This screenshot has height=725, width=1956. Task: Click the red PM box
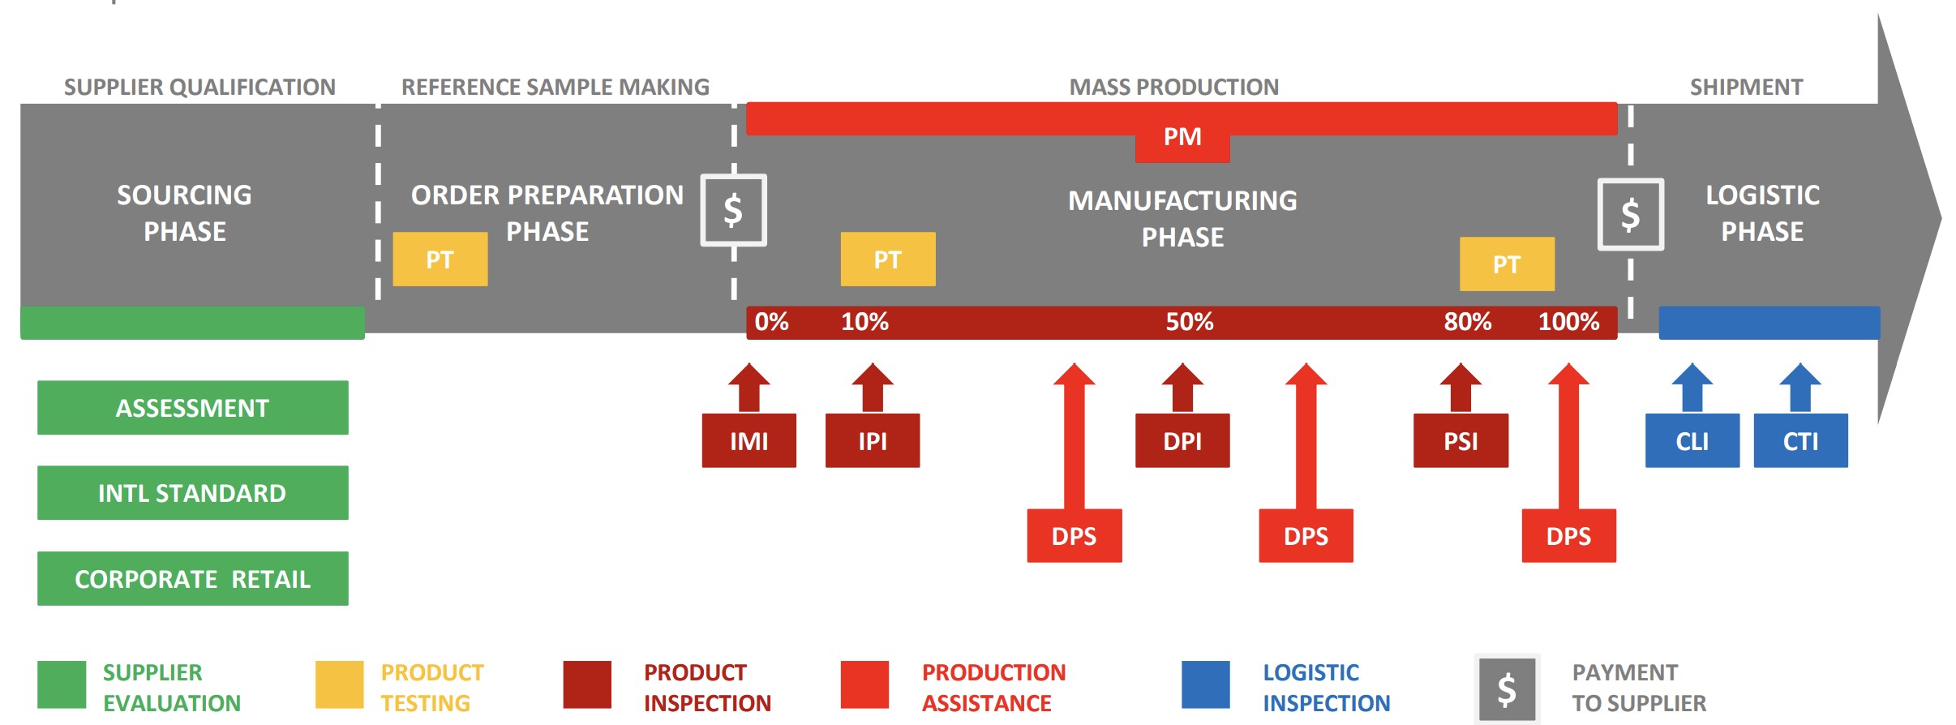1182,137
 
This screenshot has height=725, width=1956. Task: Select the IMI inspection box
749,440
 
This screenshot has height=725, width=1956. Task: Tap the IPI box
873,440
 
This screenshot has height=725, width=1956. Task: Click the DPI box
1182,440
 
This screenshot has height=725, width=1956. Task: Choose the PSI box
1461,440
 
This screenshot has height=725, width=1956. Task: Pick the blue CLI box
1692,440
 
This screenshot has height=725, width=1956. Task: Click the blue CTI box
1800,440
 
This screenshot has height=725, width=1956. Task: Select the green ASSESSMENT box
193,407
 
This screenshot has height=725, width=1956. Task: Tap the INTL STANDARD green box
193,492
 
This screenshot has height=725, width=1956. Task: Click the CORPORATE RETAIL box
193,578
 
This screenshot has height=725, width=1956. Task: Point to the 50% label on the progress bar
1190,322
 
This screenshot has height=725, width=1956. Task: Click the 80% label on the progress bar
1467,322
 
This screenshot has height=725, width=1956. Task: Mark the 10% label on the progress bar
864,322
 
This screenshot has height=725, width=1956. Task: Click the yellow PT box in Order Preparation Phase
440,260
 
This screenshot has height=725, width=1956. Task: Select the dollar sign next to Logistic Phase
1631,215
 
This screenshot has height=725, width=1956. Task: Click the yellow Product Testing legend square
339,685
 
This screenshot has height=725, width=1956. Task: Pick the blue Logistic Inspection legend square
1205,685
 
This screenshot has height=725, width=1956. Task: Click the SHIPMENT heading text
1746,87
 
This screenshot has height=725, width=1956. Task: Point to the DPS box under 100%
1568,535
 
